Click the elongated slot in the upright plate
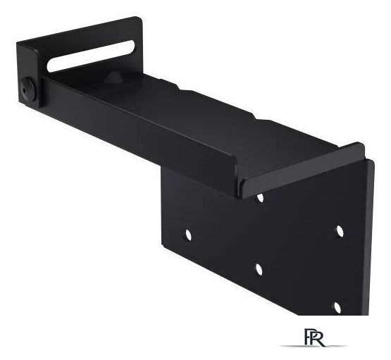click(x=92, y=56)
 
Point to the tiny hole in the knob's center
click(x=24, y=90)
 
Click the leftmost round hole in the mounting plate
click(x=189, y=235)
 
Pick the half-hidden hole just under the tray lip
click(x=260, y=198)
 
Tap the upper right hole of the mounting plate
click(x=339, y=231)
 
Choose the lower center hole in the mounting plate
click(x=259, y=270)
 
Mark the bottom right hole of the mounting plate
click(x=337, y=308)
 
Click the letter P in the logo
click(x=309, y=337)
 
